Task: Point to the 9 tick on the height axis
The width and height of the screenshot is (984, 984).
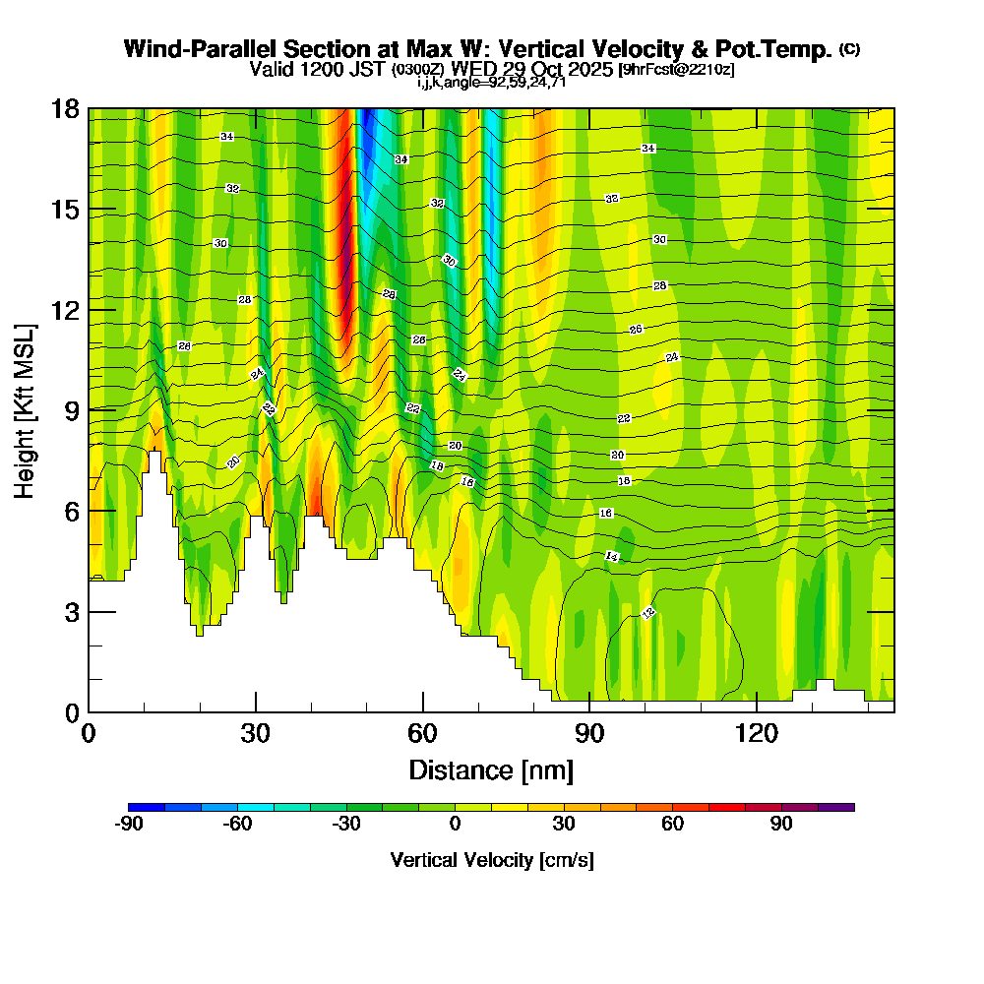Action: click(x=65, y=409)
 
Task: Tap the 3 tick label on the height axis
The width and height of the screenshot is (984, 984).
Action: click(x=71, y=611)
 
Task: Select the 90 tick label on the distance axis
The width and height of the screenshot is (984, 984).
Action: click(x=588, y=734)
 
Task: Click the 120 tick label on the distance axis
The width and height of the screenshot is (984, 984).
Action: click(x=756, y=734)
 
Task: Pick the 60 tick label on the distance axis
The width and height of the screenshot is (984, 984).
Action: click(x=422, y=734)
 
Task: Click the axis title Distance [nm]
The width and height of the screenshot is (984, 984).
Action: click(x=491, y=769)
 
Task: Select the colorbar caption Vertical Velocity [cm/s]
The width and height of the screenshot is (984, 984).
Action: click(x=491, y=861)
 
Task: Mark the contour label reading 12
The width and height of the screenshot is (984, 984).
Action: click(x=647, y=613)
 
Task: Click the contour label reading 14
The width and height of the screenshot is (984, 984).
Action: click(x=612, y=557)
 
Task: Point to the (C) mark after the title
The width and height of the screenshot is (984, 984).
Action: click(x=849, y=49)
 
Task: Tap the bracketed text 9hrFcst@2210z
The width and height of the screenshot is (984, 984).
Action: click(x=675, y=70)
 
